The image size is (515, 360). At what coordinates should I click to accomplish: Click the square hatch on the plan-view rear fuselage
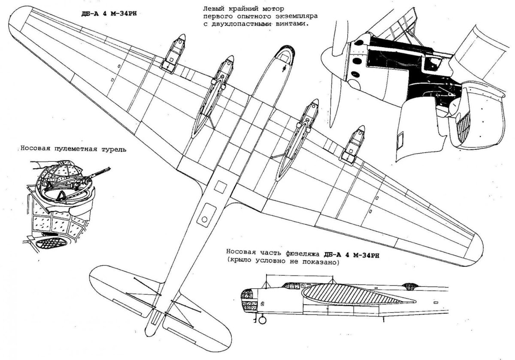tap(221, 187)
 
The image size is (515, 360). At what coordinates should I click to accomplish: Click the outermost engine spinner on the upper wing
tap(181, 38)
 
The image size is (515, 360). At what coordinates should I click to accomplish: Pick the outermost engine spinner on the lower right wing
tap(360, 130)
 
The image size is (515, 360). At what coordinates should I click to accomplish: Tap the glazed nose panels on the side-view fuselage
tap(248, 299)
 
